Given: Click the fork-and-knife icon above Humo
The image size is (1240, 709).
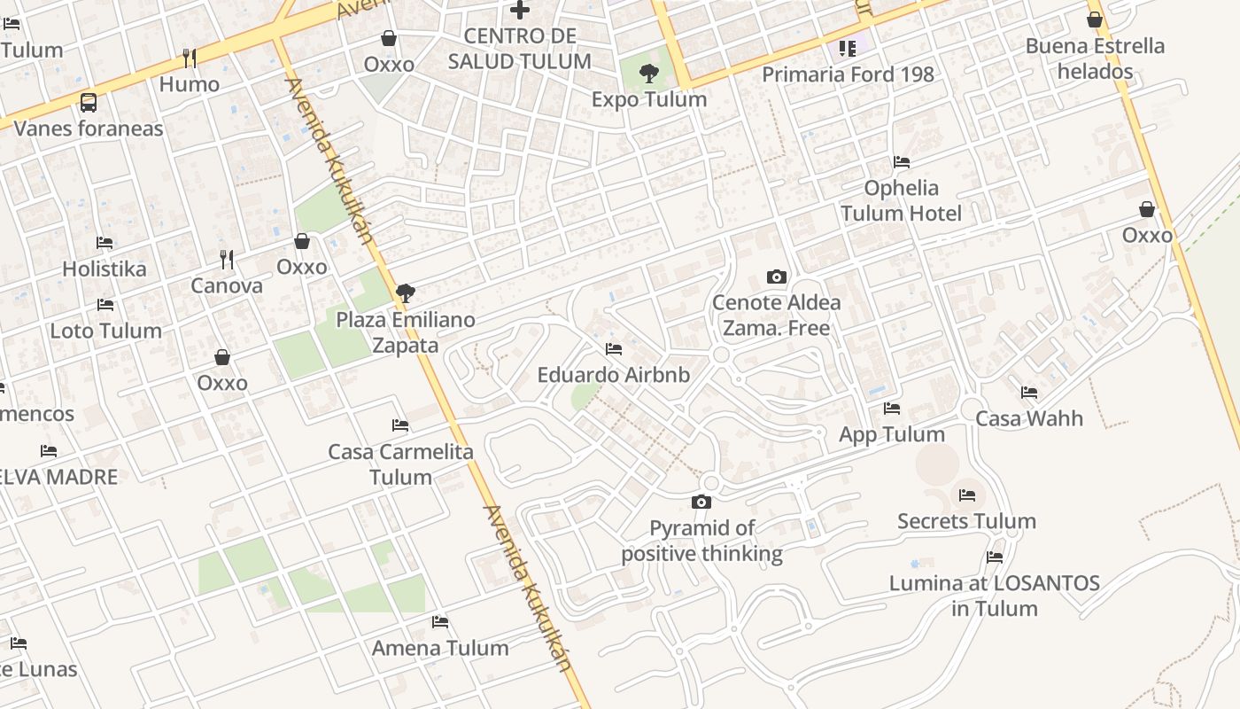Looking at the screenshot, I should [x=190, y=58].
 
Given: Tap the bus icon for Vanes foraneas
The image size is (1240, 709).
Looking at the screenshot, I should [x=89, y=103].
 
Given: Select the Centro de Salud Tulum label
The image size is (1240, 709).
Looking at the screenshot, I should [x=520, y=49].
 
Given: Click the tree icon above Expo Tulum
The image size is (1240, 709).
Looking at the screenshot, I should [x=649, y=74].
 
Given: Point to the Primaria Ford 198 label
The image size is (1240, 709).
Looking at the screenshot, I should [x=848, y=74].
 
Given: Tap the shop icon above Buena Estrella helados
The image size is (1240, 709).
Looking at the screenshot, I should [x=1095, y=19].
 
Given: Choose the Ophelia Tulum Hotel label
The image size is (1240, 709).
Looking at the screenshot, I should [x=901, y=200].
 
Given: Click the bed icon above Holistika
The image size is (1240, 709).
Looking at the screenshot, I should [x=105, y=243].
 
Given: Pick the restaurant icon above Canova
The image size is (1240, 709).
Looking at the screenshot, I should [x=227, y=260].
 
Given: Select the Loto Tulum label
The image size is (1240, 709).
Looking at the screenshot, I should [x=105, y=331].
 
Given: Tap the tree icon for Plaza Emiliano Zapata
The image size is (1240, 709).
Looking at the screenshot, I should [x=406, y=293].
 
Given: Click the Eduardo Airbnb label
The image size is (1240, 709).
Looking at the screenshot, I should [x=613, y=375].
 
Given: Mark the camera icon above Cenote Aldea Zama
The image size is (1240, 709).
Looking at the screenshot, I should [x=777, y=277].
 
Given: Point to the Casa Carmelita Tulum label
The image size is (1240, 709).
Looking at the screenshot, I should [x=400, y=464].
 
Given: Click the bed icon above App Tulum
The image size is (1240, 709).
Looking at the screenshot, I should [x=892, y=409].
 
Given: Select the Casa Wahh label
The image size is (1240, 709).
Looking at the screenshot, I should [x=1029, y=418].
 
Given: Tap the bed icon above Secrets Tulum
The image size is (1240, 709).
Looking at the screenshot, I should [x=966, y=495].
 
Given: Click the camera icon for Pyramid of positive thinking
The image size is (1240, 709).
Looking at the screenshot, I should [x=701, y=503].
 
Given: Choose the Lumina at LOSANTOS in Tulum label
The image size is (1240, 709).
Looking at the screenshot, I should [x=994, y=596].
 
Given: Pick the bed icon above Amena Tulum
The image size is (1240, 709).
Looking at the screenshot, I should [x=440, y=622].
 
